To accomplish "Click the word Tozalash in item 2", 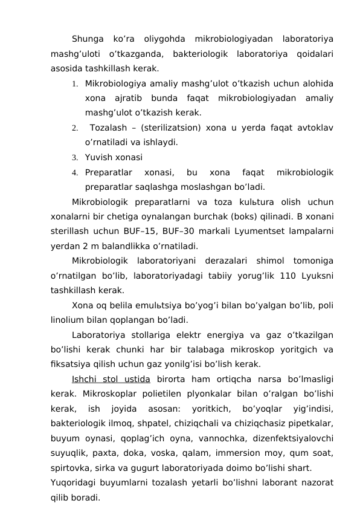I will (109, 128).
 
